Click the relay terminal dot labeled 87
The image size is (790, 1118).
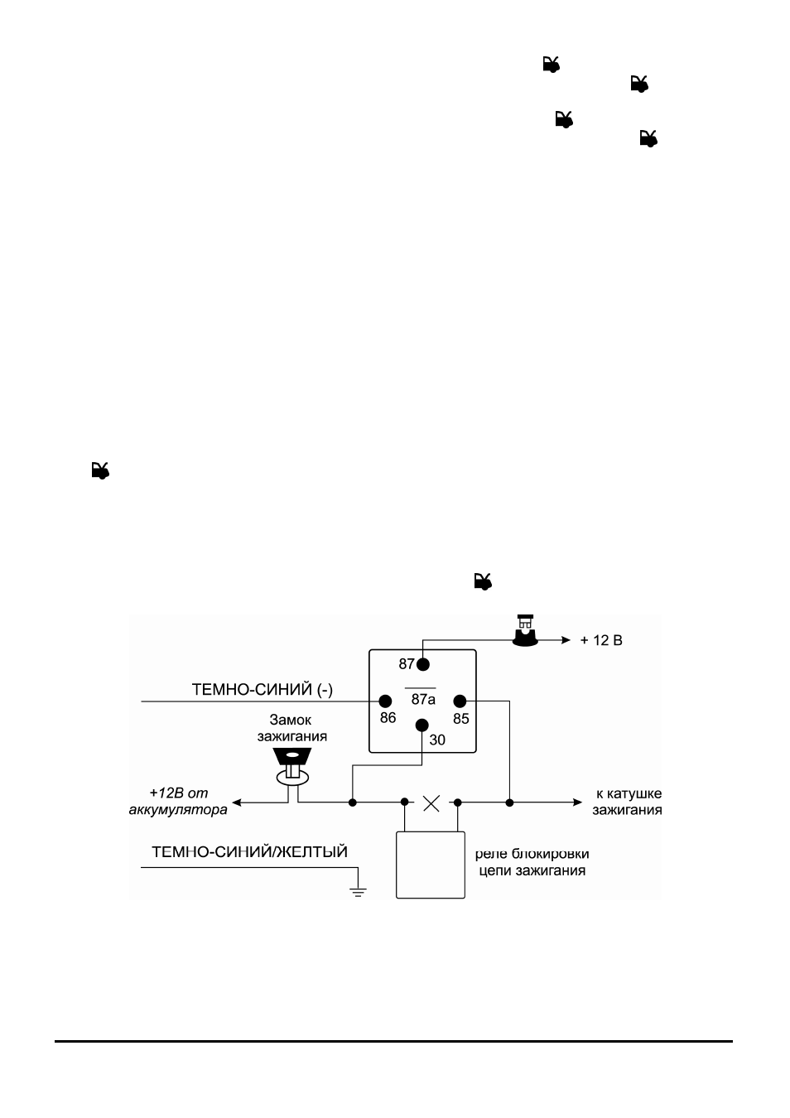(x=422, y=664)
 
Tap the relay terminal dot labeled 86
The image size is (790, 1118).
(x=385, y=701)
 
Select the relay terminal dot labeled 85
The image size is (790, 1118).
(x=460, y=701)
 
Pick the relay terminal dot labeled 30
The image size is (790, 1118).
(x=422, y=725)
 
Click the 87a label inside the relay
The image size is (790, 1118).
(x=423, y=700)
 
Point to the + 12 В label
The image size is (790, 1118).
(x=601, y=640)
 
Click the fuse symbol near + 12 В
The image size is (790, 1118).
(x=526, y=631)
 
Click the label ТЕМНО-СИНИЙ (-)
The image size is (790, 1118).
(x=262, y=690)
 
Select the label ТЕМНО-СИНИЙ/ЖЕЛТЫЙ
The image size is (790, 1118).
(x=249, y=851)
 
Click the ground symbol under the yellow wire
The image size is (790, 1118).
(x=358, y=892)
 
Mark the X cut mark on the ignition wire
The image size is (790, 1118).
(x=431, y=803)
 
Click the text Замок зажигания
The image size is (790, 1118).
(x=292, y=728)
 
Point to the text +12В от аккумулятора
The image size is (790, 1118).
(x=178, y=801)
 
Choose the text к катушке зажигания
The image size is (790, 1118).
(x=628, y=802)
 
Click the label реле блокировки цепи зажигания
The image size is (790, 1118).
(x=532, y=862)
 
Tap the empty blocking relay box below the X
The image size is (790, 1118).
(x=430, y=865)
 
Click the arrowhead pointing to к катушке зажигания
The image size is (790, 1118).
(x=577, y=802)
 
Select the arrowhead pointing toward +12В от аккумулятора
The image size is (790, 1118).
(x=238, y=802)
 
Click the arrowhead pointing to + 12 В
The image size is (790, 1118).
(x=566, y=640)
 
